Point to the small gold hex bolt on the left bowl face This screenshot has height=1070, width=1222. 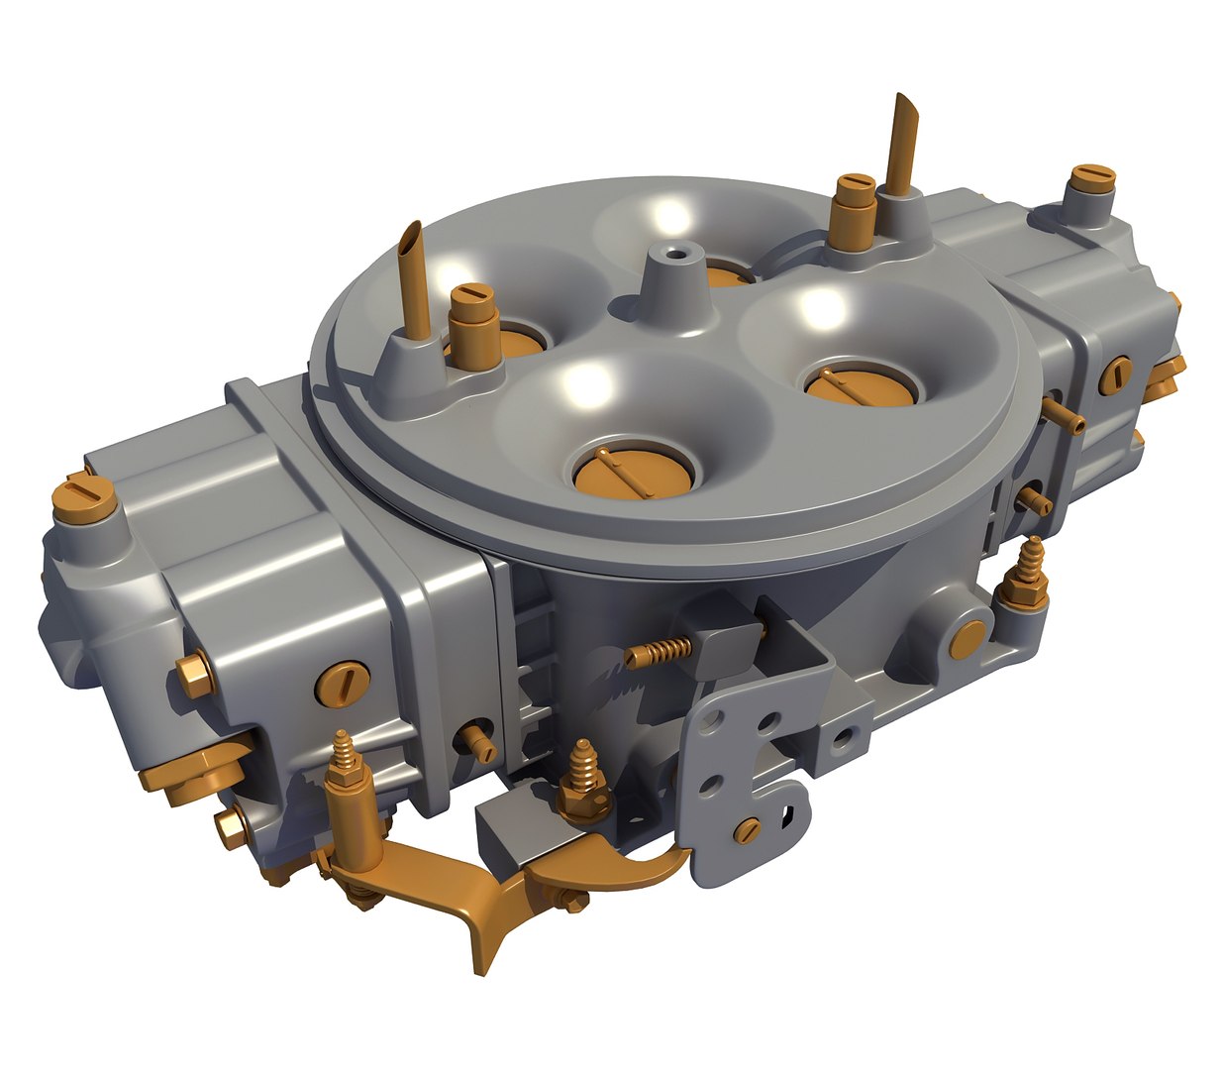pos(195,674)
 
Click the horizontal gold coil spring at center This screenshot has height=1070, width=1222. pos(660,650)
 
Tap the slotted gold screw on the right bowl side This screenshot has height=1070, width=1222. pos(1117,374)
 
